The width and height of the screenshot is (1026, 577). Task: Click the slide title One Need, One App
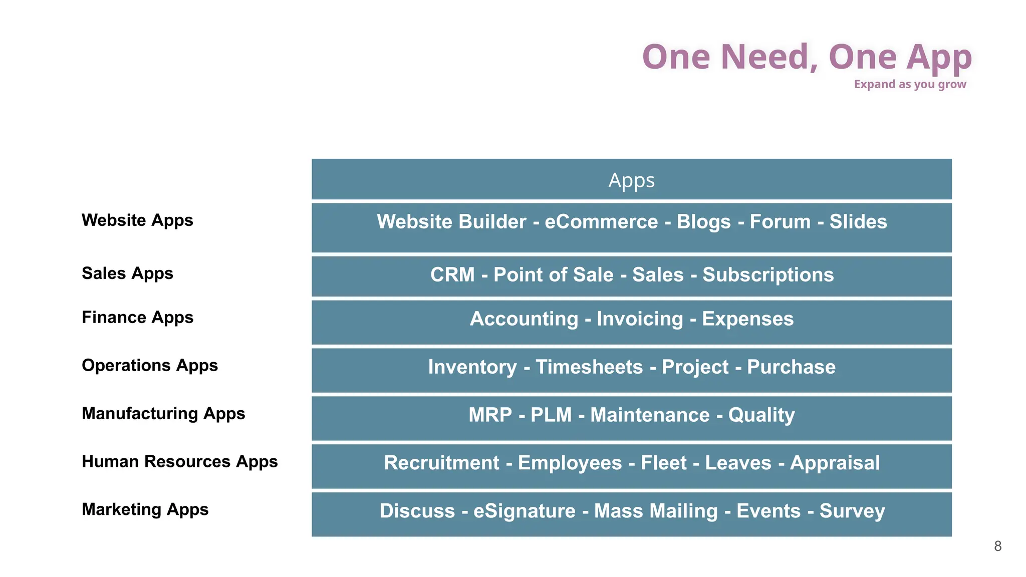coord(807,57)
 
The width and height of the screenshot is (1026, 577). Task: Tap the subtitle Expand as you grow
coord(910,84)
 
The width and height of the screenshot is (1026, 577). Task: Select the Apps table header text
coord(631,180)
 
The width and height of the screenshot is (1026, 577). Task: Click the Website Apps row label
coord(137,220)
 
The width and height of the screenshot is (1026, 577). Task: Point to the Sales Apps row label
coord(127,273)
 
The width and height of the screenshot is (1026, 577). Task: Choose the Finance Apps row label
coord(137,318)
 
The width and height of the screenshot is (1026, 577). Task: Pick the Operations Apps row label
coord(150,366)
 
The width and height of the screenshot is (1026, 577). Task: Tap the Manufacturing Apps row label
coord(163,414)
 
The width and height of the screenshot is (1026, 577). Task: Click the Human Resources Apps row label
coord(179,461)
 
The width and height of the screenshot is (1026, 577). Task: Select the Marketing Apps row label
coord(145,509)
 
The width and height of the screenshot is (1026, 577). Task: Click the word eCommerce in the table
coord(601,222)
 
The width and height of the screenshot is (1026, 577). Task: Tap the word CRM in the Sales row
coord(452,275)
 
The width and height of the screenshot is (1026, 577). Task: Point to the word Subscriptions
coord(768,275)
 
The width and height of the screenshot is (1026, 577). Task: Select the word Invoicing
coord(640,319)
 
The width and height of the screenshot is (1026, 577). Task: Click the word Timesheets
coord(589,367)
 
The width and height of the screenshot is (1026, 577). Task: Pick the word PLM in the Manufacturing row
coord(551,415)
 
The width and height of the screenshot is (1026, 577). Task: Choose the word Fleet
coord(664,463)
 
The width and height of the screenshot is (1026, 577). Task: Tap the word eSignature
coord(525,511)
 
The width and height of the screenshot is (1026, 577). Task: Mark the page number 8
coord(997,546)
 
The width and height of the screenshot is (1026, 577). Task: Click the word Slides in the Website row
coord(858,222)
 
